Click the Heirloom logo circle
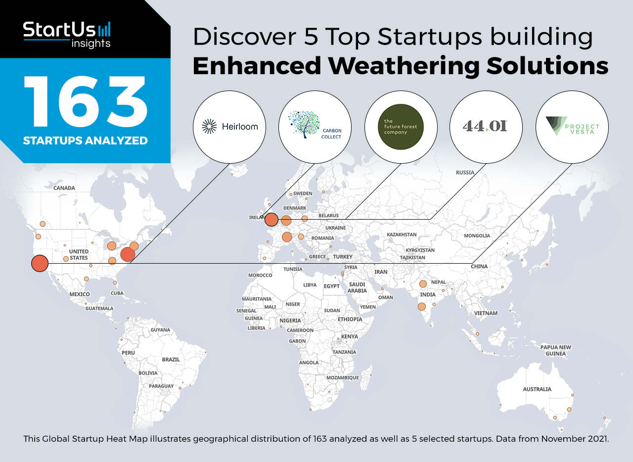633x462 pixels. [x=229, y=127]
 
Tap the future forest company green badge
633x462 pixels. [x=401, y=127]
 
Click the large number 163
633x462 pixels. [x=86, y=101]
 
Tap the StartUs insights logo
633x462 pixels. [x=67, y=35]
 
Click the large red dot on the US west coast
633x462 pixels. [x=40, y=263]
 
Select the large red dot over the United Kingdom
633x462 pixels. [x=271, y=220]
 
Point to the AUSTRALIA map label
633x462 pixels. [x=537, y=389]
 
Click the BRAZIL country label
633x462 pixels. [x=171, y=360]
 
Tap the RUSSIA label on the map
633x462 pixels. [x=465, y=173]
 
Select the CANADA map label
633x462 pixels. [x=64, y=188]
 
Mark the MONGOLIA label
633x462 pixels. [x=477, y=235]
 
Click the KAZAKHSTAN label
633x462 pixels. [x=402, y=234]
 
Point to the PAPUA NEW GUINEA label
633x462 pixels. [x=555, y=350]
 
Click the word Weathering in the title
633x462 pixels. [x=405, y=66]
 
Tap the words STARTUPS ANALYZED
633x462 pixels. [x=86, y=140]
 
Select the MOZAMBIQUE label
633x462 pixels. [x=343, y=378]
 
